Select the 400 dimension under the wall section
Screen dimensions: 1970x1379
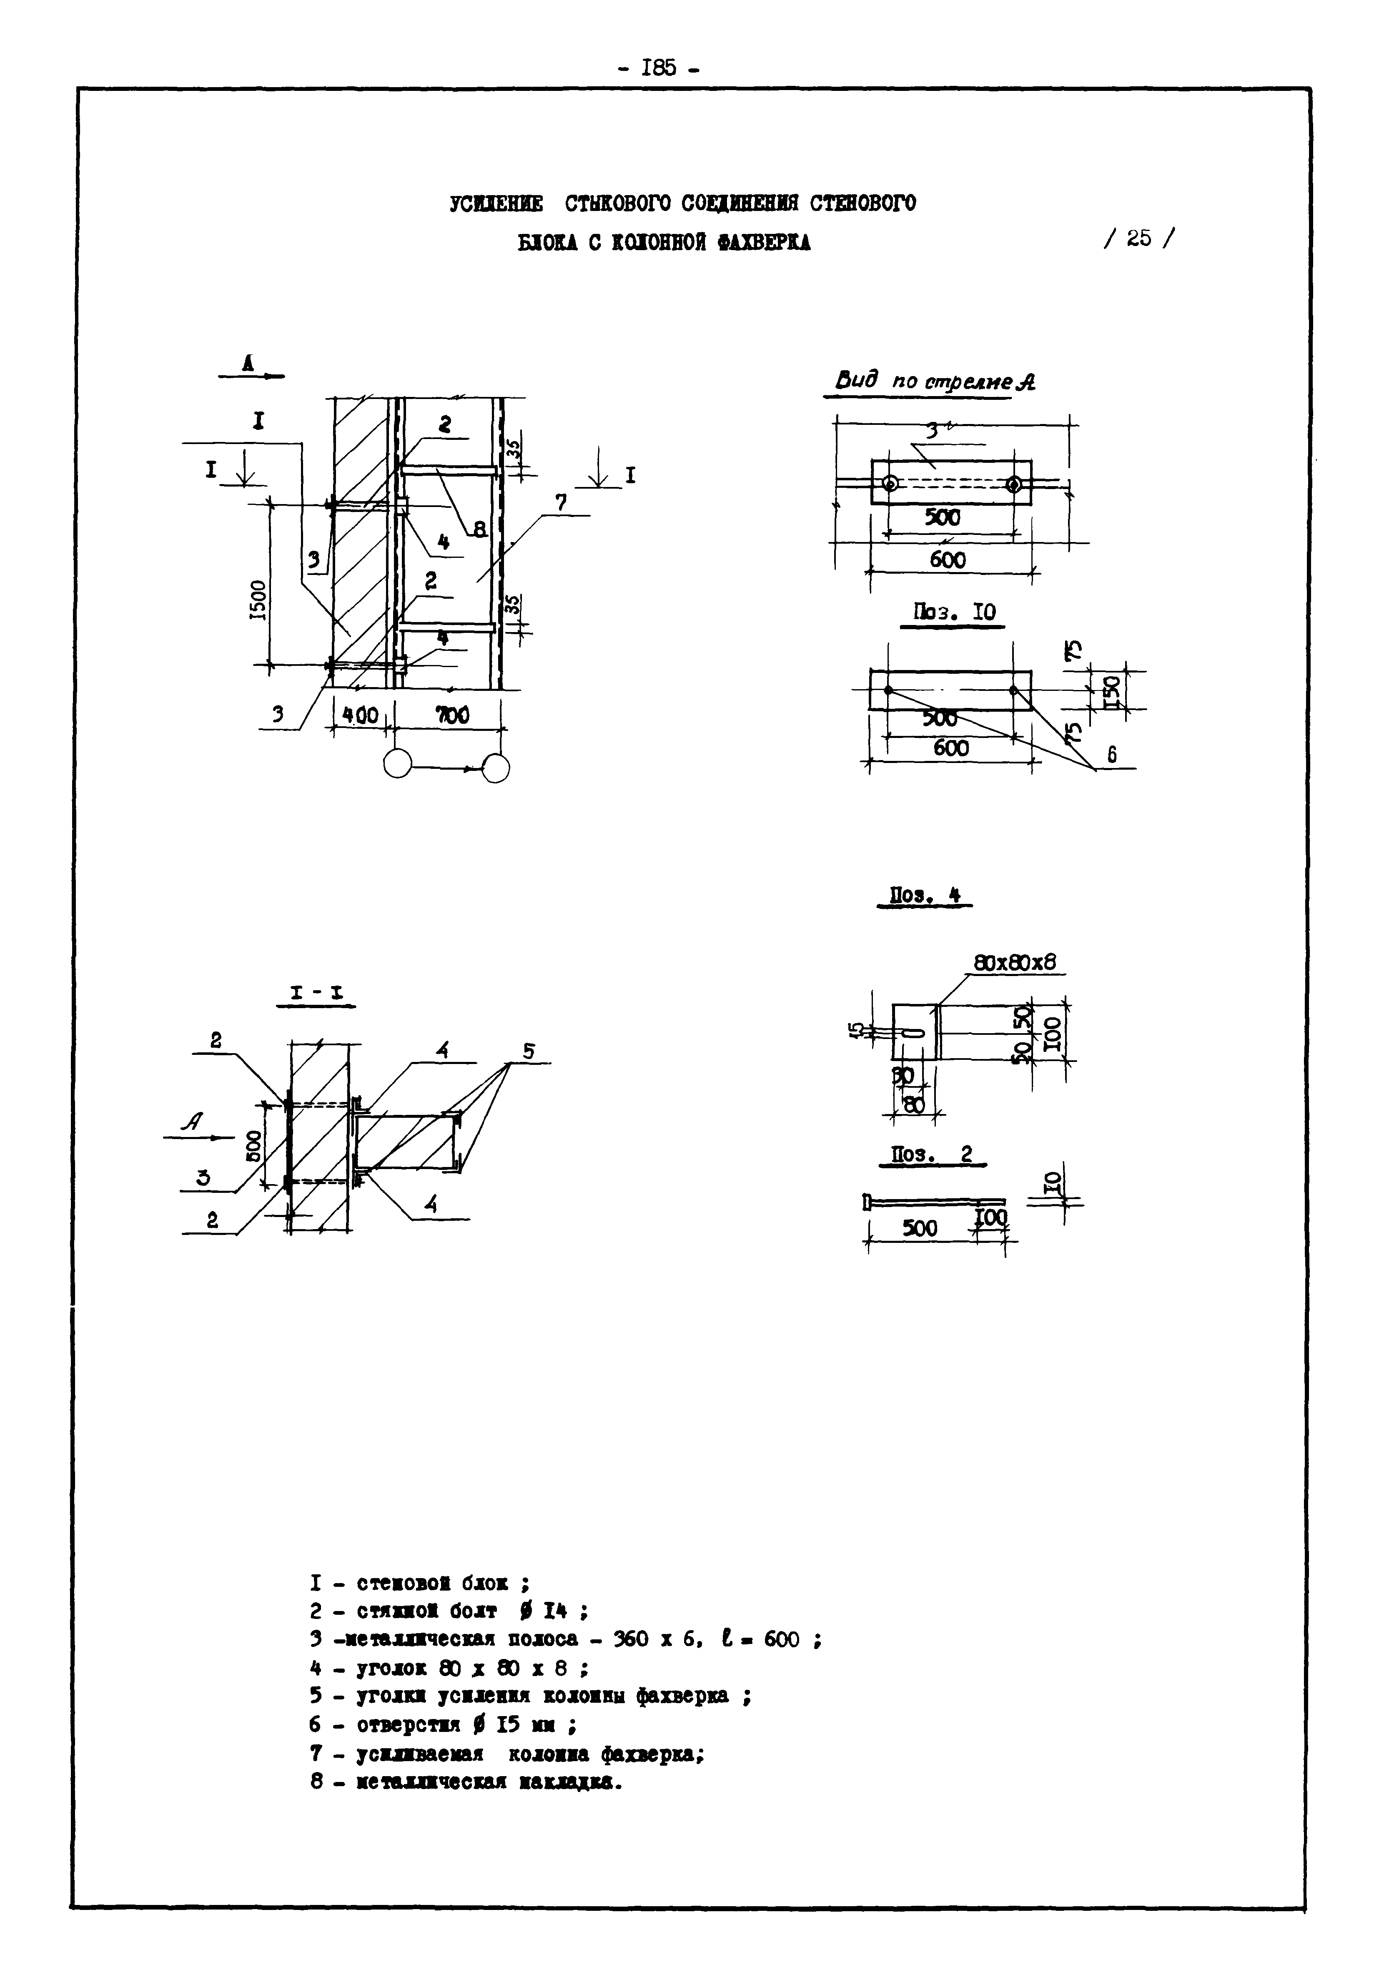(x=361, y=714)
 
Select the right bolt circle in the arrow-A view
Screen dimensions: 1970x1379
(x=1014, y=484)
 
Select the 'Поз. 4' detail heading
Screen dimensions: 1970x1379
(x=924, y=896)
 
